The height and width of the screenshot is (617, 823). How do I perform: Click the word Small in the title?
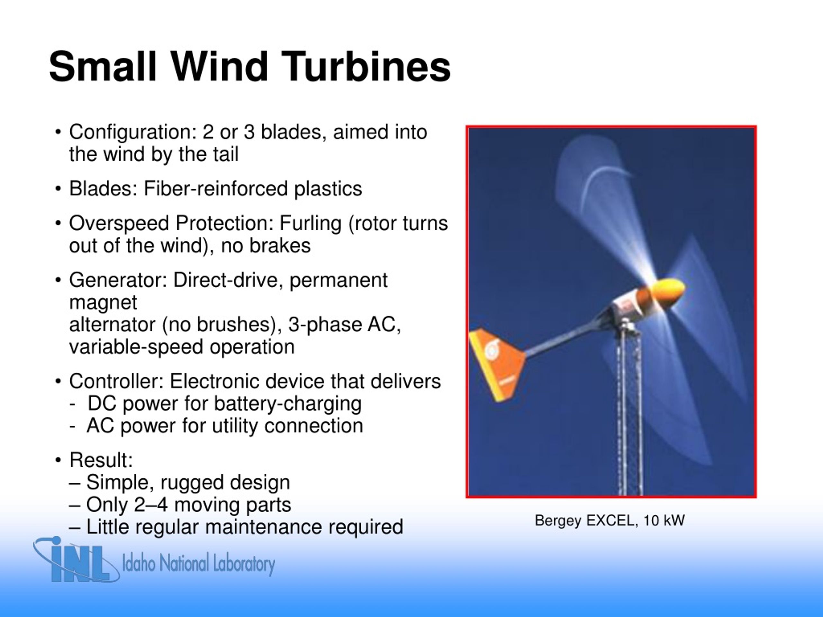[x=103, y=67]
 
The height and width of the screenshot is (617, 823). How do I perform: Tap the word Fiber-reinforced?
[x=215, y=189]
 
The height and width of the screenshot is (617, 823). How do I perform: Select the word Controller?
[x=116, y=381]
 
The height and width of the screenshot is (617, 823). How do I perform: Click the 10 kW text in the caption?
[x=664, y=520]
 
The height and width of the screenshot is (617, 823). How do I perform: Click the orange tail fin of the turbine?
[x=495, y=364]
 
